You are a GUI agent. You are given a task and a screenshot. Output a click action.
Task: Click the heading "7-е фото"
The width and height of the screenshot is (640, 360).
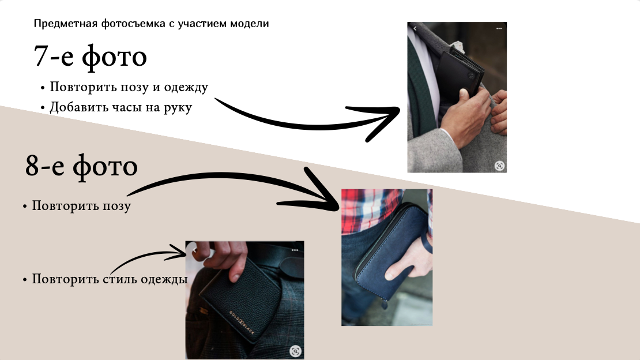coord(91,57)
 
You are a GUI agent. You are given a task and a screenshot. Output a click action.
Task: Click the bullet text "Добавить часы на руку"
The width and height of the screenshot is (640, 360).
coord(121,107)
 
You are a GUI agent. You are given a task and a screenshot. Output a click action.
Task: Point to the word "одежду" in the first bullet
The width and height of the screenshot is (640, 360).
coord(186,87)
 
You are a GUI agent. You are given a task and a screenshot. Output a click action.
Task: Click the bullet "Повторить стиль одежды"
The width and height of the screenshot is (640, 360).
coord(110,279)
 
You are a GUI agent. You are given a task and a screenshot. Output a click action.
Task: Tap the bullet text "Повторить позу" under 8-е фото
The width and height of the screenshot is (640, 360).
coord(81,206)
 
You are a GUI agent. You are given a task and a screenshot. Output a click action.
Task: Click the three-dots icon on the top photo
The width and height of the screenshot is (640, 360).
coord(499,28)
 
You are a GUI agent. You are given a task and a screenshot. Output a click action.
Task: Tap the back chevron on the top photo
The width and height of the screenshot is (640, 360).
coord(415,28)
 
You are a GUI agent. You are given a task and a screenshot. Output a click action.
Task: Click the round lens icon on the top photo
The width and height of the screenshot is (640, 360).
coord(499,166)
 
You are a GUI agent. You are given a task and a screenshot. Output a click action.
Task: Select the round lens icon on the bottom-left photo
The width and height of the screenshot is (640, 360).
coord(295,350)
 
